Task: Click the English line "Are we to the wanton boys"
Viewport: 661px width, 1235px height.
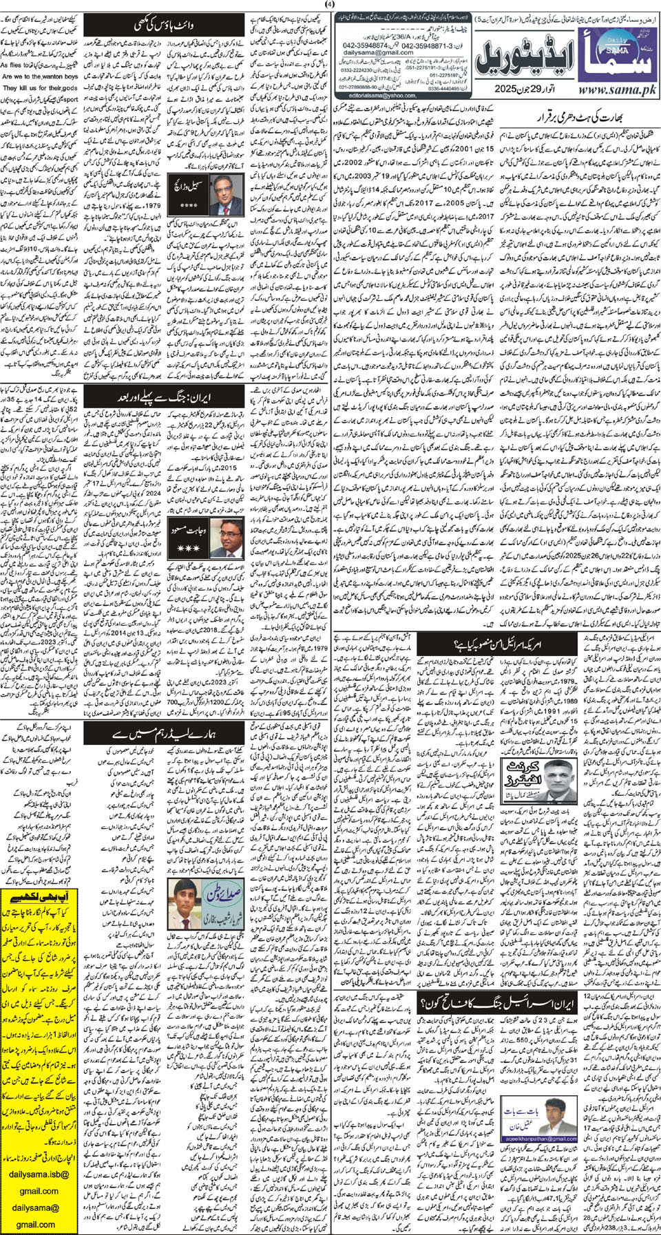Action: coord(39,77)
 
